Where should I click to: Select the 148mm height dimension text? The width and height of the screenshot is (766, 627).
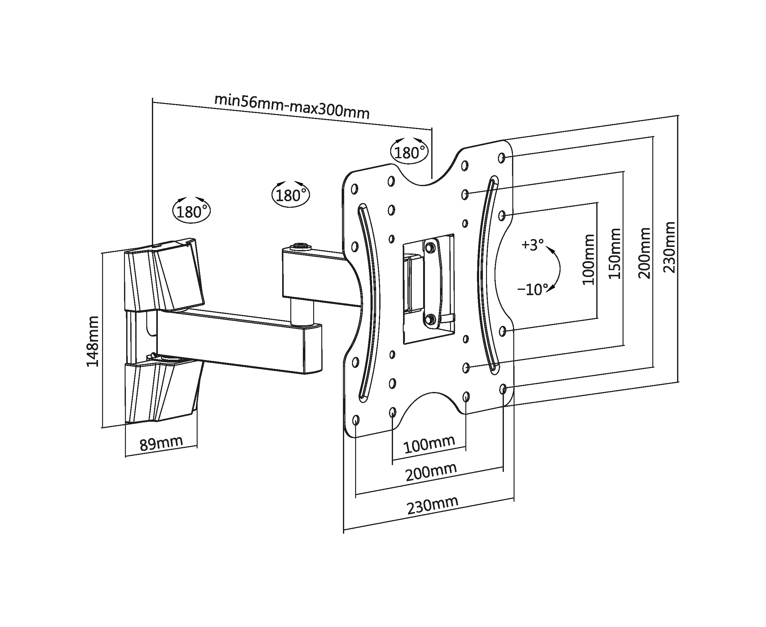coord(93,341)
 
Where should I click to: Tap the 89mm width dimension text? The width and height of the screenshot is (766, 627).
coord(161,443)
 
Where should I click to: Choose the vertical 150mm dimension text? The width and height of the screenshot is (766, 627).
coord(614,253)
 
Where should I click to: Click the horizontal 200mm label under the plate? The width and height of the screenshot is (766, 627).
coord(431,473)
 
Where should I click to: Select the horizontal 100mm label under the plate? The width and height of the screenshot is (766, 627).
coord(429,445)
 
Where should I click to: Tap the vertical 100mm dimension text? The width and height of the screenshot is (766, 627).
coord(588,259)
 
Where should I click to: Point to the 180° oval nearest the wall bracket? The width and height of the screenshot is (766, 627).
coord(191,212)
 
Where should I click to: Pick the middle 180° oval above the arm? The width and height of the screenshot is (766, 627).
coord(291,196)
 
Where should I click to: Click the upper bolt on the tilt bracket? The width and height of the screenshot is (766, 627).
coord(430,248)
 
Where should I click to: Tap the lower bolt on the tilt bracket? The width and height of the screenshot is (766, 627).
coord(430,319)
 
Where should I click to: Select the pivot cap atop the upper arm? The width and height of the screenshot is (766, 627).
coord(300,246)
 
